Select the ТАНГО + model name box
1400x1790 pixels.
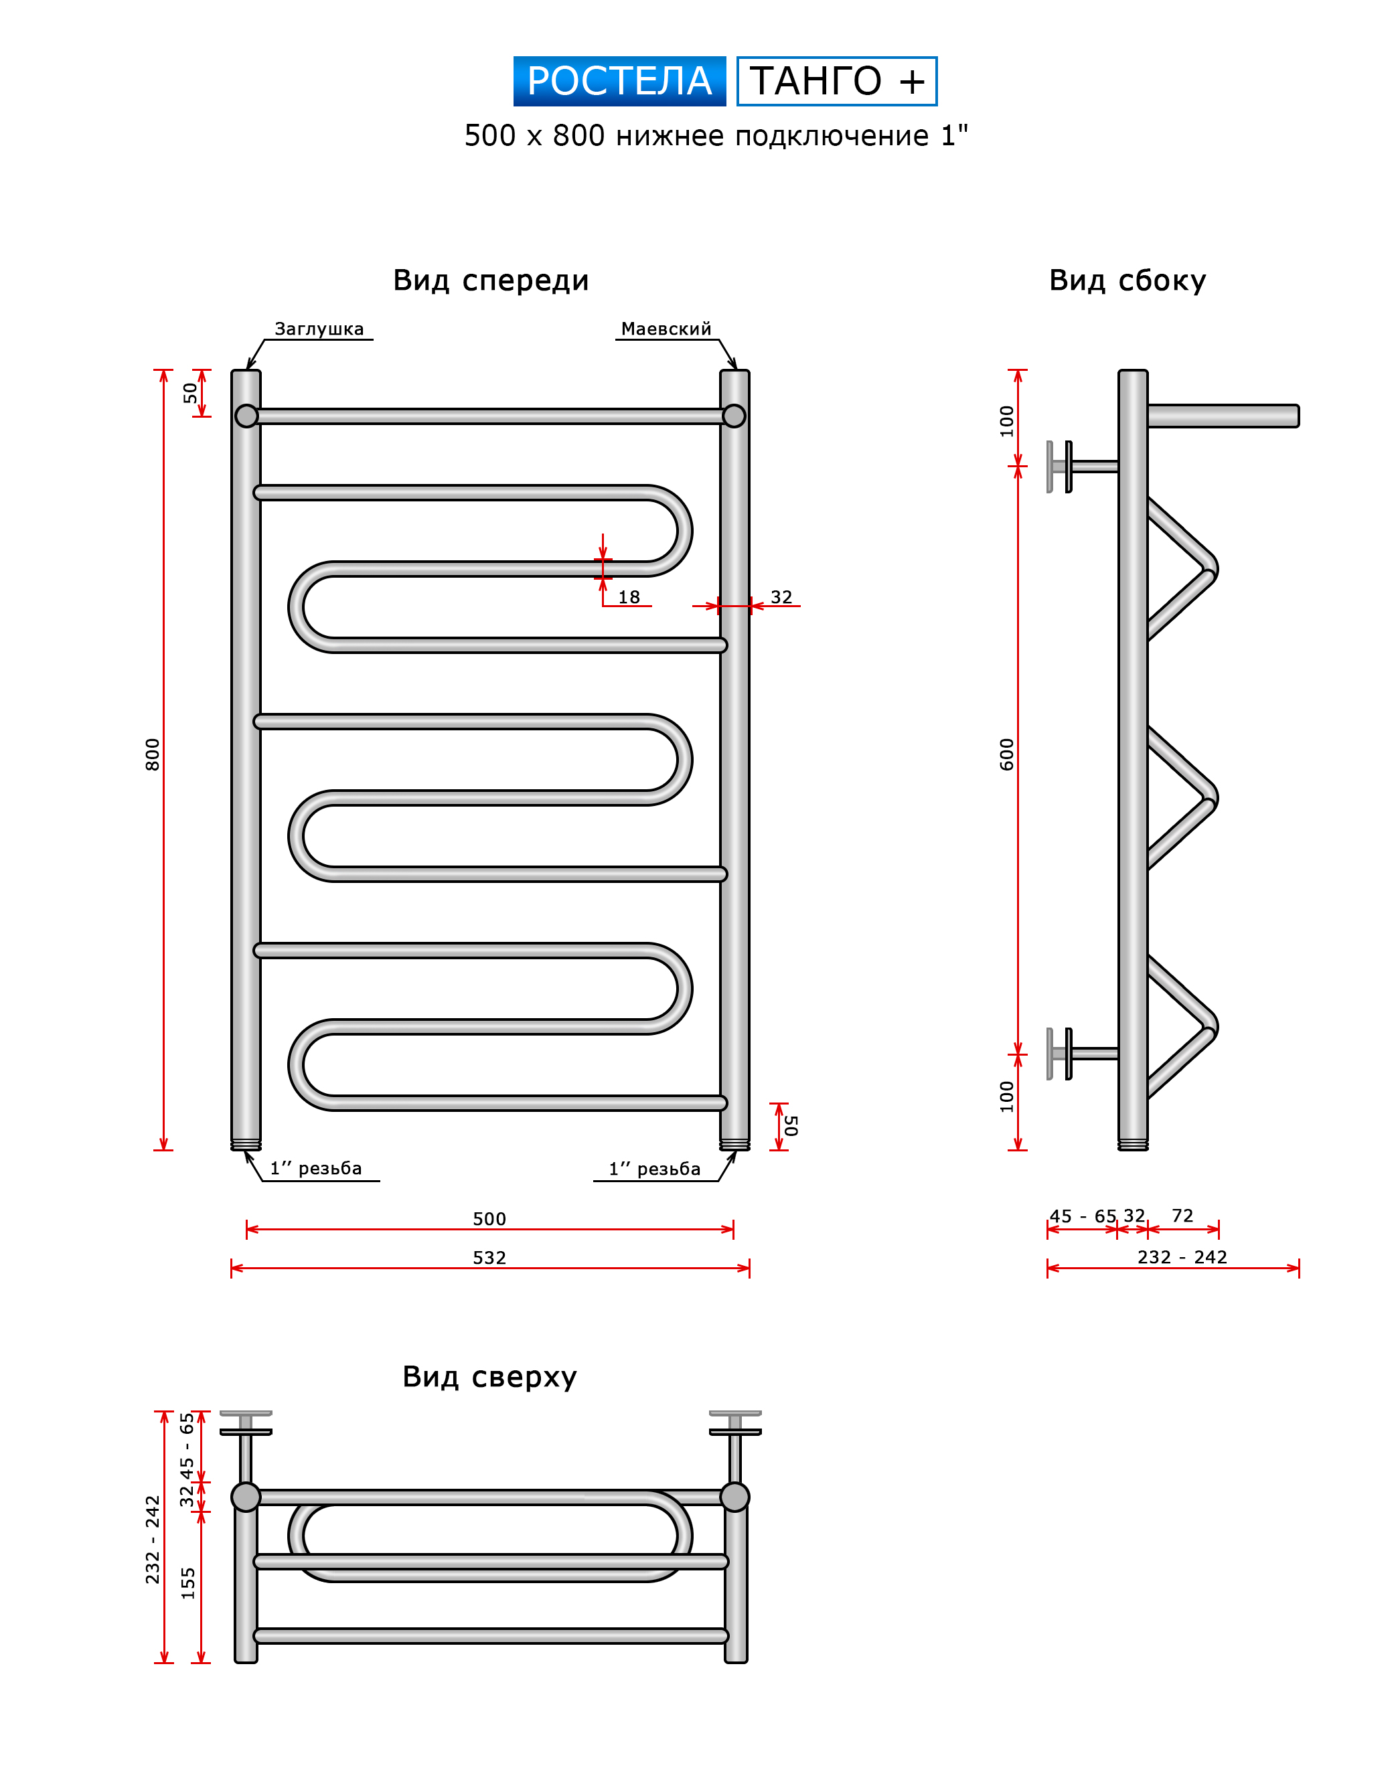tap(836, 81)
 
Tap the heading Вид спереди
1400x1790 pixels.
tap(490, 280)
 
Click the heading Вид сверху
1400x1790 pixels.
tap(489, 1376)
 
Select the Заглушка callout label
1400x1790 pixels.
tap(319, 329)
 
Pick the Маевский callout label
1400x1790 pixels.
tap(666, 329)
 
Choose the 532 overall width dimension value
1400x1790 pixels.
tap(489, 1257)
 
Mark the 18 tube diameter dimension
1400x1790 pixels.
tap(629, 596)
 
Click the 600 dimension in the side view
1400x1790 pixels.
tap(1006, 754)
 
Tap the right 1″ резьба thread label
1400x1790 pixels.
tap(654, 1169)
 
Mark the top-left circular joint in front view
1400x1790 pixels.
tap(246, 416)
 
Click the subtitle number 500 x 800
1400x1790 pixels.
tap(534, 135)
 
